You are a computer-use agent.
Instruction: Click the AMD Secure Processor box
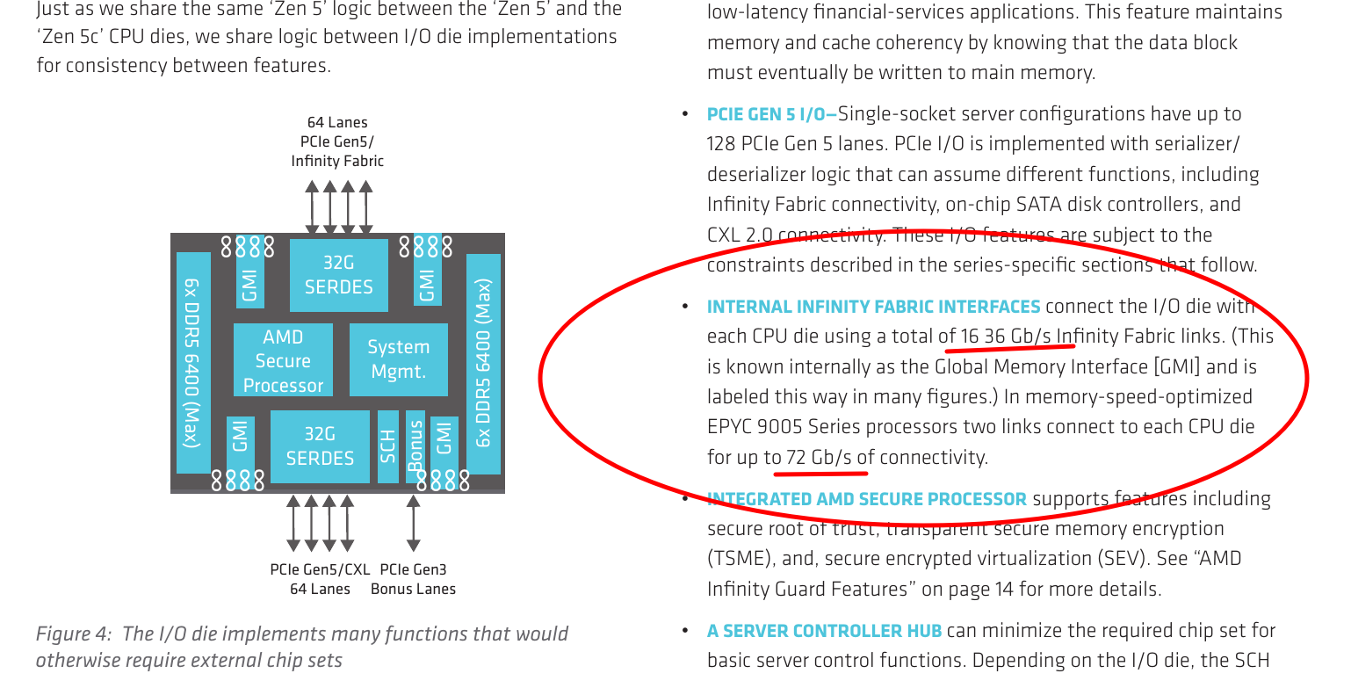[x=283, y=360]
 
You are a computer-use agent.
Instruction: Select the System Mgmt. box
[x=398, y=359]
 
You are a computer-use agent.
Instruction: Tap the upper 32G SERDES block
[x=338, y=275]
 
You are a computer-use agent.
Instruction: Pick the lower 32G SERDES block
[x=320, y=446]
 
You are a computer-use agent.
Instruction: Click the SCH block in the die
[x=387, y=446]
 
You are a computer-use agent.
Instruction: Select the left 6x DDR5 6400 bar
[x=193, y=362]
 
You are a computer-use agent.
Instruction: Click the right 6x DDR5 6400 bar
[x=483, y=364]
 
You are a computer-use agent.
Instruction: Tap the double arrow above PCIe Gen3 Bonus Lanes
[x=413, y=523]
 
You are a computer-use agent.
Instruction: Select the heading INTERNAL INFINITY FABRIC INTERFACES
[x=873, y=307]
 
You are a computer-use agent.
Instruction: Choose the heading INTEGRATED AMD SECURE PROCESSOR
[x=866, y=499]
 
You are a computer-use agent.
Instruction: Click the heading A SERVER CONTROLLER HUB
[x=824, y=631]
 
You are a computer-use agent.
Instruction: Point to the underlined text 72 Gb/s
[x=819, y=457]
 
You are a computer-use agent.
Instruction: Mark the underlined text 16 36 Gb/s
[x=1006, y=337]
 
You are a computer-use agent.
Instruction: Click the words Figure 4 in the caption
[x=73, y=634]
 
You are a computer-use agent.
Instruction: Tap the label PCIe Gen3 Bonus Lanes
[x=413, y=579]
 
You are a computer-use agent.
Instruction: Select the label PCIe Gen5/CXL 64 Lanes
[x=320, y=579]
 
